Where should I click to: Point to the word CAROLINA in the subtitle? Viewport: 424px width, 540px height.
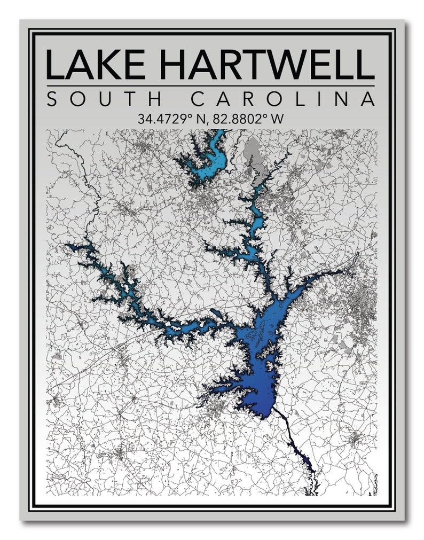pyautogui.click(x=283, y=99)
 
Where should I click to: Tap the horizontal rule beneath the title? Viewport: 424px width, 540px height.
pyautogui.click(x=210, y=85)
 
